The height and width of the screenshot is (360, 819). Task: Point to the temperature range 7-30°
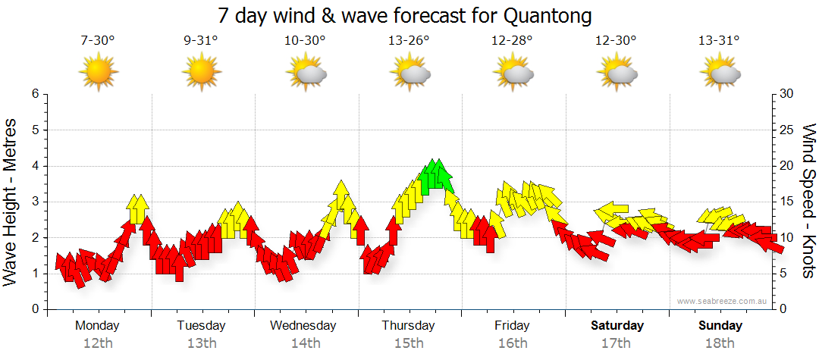point(98,41)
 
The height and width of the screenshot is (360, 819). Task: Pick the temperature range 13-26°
point(409,41)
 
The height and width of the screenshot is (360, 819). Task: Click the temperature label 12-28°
point(512,41)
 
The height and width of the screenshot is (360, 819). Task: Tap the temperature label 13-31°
point(719,41)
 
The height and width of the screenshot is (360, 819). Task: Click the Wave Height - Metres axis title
point(11,202)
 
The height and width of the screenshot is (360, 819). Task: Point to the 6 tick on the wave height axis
point(34,94)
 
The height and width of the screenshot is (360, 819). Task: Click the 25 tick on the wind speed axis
point(788,130)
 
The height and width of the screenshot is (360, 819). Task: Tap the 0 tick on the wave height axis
point(34,309)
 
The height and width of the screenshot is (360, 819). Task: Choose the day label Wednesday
point(303,326)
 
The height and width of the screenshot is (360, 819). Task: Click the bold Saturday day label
point(617,326)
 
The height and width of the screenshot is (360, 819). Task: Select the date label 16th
point(513,343)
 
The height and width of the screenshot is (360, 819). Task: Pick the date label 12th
point(98,343)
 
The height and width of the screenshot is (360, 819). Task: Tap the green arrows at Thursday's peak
point(435,175)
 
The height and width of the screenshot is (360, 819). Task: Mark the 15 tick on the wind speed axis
point(788,202)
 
